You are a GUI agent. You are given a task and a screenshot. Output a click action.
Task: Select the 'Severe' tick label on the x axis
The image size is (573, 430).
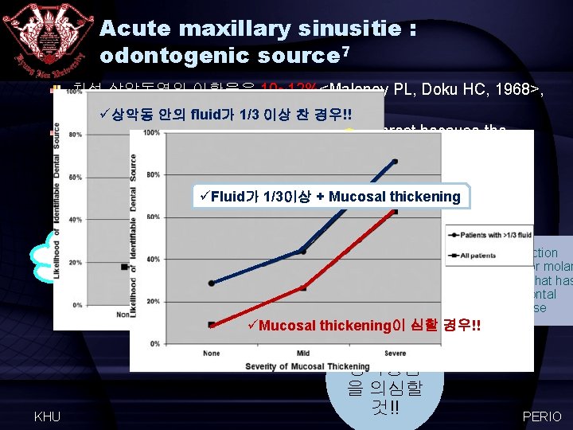[x=394, y=354]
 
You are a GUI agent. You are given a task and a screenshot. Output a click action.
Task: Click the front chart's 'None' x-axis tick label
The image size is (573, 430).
[x=212, y=354]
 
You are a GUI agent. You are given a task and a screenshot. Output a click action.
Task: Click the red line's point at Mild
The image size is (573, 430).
[x=302, y=287]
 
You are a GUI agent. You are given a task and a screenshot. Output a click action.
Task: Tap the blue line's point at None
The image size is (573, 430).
[x=211, y=283]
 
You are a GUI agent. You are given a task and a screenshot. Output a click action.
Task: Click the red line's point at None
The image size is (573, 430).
[x=211, y=324]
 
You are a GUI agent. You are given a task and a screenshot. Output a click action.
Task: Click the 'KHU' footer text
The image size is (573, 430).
[x=49, y=416]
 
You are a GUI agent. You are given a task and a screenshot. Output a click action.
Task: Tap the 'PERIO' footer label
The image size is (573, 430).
[x=541, y=416]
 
